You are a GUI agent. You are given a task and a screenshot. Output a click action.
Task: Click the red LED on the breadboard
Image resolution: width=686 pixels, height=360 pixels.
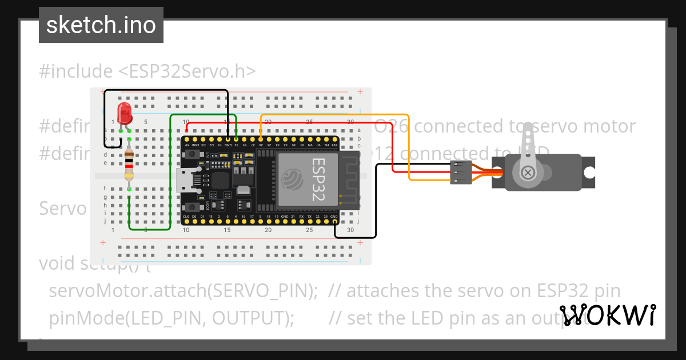pyautogui.click(x=124, y=114)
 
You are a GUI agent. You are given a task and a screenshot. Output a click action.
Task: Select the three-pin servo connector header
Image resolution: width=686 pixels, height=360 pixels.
pyautogui.click(x=461, y=172)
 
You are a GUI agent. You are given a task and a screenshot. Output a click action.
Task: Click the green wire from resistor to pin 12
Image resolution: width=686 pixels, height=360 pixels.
pyautogui.click(x=171, y=171)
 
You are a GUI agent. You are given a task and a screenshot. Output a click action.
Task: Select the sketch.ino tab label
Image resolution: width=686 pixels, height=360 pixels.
pyautogui.click(x=101, y=25)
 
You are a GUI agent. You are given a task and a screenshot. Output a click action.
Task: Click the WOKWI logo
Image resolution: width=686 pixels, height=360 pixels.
pyautogui.click(x=608, y=315)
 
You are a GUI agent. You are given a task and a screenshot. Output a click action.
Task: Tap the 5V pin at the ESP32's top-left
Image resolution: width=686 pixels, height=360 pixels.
pyautogui.click(x=186, y=139)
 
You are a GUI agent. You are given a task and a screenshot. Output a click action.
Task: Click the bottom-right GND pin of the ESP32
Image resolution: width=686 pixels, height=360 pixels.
pyautogui.click(x=334, y=221)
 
